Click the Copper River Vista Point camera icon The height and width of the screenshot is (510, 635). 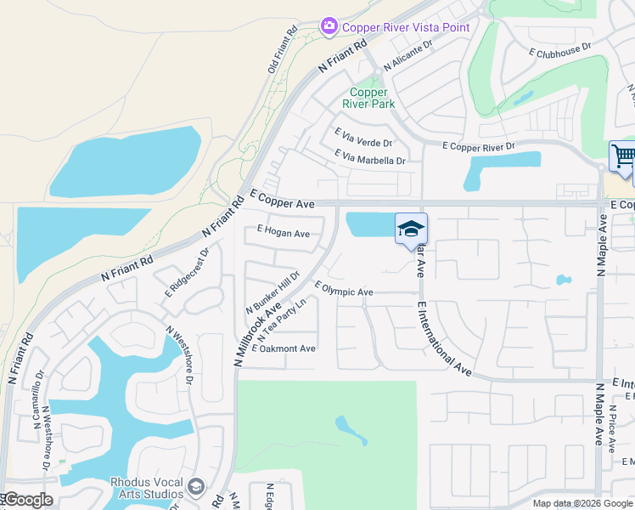click(x=329, y=27)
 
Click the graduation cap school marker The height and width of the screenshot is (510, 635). click(x=411, y=229)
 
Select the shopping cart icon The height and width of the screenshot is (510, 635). click(x=623, y=156)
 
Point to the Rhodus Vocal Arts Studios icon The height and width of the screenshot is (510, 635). click(x=196, y=487)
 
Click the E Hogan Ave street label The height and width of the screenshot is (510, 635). click(x=284, y=233)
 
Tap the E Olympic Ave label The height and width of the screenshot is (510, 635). click(x=344, y=292)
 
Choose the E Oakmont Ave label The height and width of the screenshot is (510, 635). click(x=284, y=348)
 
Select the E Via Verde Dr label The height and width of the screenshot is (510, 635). click(x=363, y=138)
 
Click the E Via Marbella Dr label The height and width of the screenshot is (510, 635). click(x=370, y=157)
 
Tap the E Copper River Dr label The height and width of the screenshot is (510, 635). click(x=479, y=146)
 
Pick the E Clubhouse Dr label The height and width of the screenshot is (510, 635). click(x=559, y=51)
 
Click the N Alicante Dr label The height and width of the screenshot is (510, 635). click(x=407, y=55)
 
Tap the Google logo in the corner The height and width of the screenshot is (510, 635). click(x=27, y=500)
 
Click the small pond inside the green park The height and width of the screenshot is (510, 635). click(x=351, y=429)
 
